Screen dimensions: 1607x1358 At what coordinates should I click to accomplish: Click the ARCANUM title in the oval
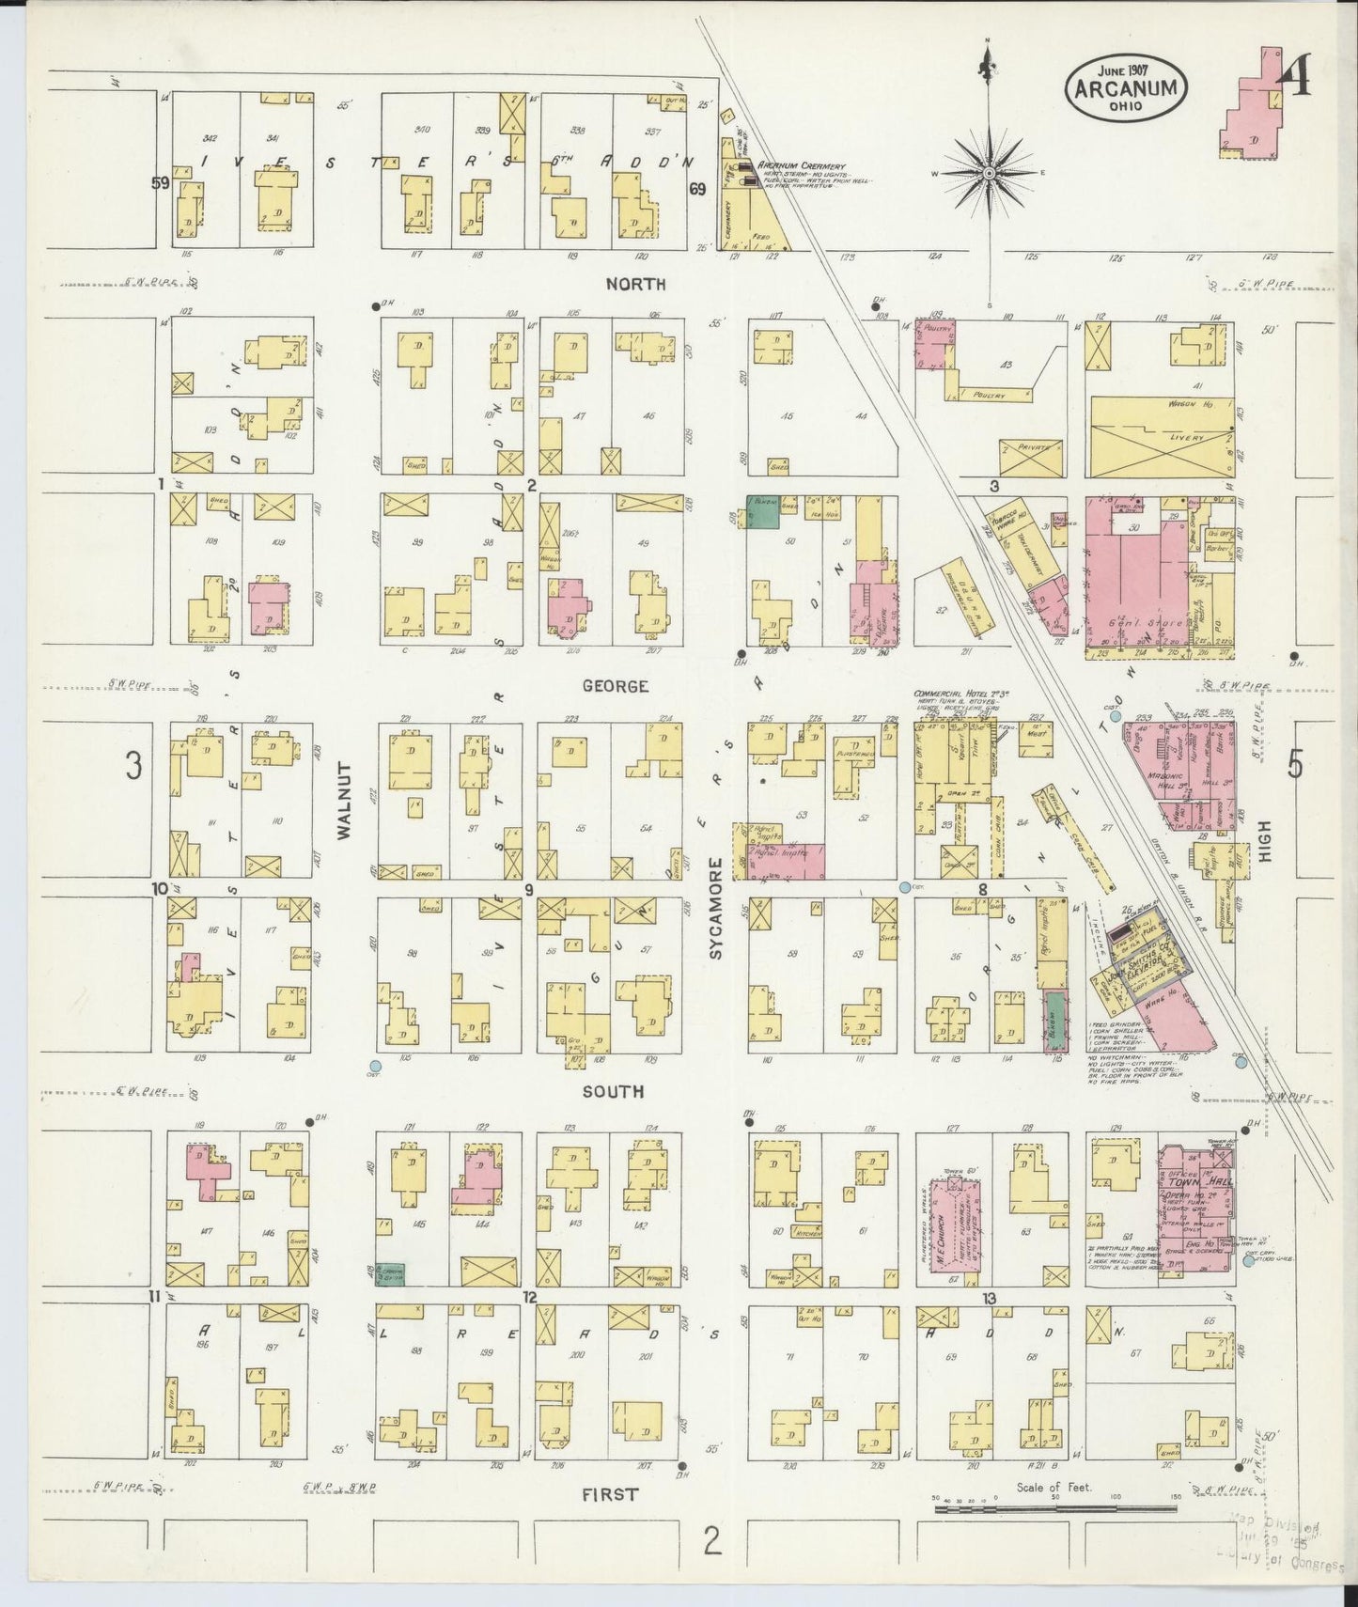click(1125, 88)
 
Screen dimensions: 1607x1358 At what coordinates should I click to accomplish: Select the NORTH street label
click(635, 284)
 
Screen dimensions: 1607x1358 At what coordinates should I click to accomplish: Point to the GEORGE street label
click(615, 686)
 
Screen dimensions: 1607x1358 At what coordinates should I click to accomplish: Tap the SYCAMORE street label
click(715, 908)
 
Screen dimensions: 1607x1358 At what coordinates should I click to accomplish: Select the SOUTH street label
click(613, 1091)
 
